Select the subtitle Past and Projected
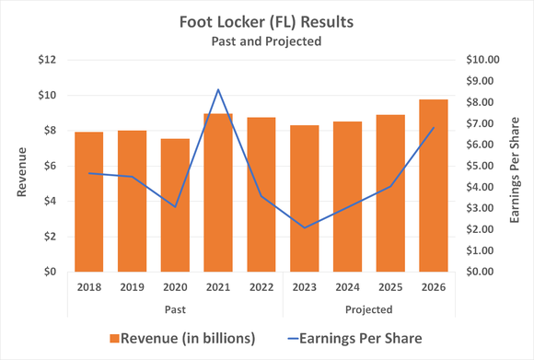point(267,41)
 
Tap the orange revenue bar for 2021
point(217,193)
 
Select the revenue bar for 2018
point(89,202)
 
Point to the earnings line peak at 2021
point(217,90)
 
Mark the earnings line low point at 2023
point(305,227)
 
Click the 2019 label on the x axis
point(132,287)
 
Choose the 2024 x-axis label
point(347,287)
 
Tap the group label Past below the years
point(175,308)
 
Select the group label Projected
point(369,308)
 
